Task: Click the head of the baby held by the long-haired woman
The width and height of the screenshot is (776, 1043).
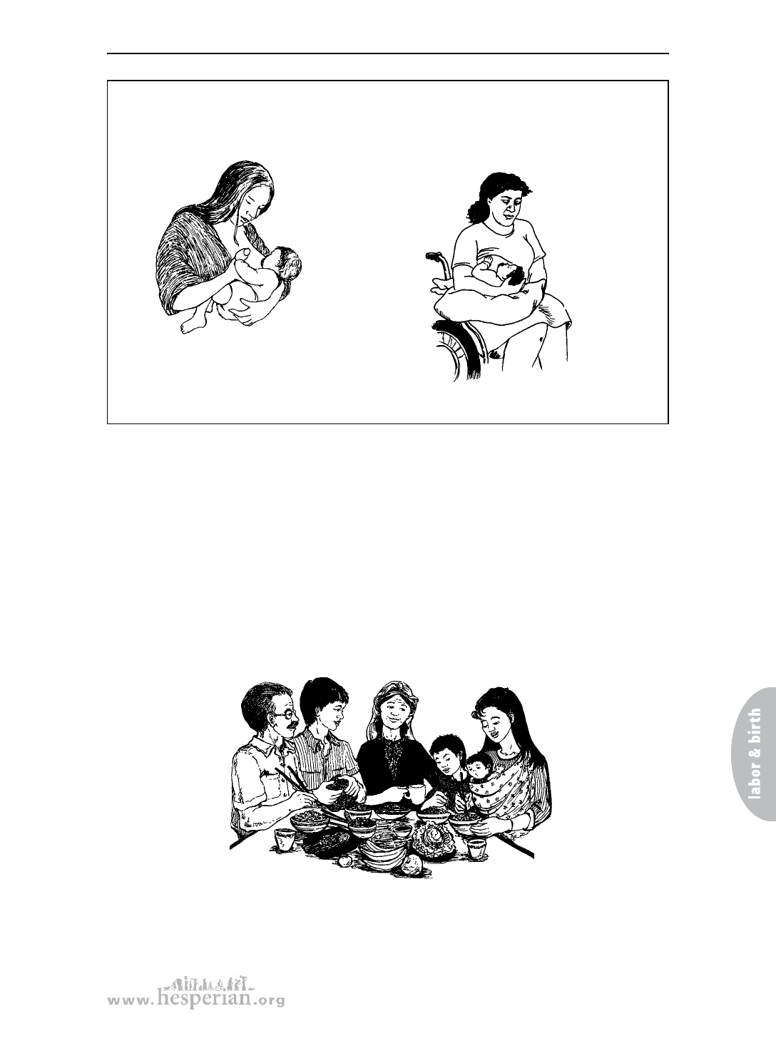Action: pyautogui.click(x=287, y=266)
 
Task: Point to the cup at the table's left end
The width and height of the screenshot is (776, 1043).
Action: pyautogui.click(x=285, y=839)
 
